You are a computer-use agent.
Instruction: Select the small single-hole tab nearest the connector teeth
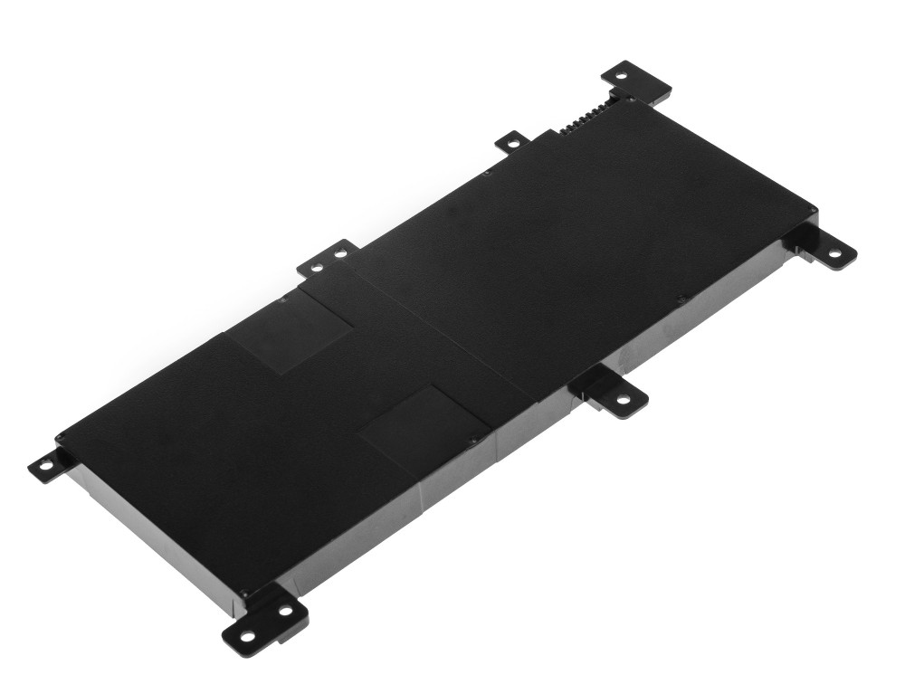(512, 142)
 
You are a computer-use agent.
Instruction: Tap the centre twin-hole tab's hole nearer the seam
(340, 254)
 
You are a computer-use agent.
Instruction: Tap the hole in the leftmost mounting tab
(43, 467)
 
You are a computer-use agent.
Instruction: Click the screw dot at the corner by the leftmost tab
(60, 441)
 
